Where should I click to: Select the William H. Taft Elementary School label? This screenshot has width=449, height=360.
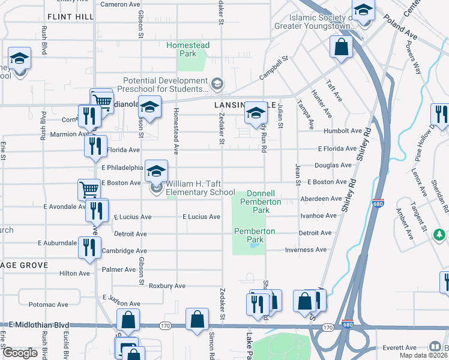tap(200, 188)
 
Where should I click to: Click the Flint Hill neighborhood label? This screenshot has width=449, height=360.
tap(70, 17)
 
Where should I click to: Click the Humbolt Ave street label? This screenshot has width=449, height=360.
tap(342, 130)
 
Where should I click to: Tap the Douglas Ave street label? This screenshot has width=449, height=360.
tap(333, 165)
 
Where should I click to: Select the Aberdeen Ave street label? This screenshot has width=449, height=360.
tap(321, 199)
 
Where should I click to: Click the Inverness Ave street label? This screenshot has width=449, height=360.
tap(306, 250)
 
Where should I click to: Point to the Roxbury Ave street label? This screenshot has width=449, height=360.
tap(167, 286)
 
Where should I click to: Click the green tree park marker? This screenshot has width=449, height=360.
tap(440, 233)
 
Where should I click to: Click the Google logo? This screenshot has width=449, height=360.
tap(20, 353)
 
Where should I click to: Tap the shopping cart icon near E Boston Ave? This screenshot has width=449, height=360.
tap(89, 190)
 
